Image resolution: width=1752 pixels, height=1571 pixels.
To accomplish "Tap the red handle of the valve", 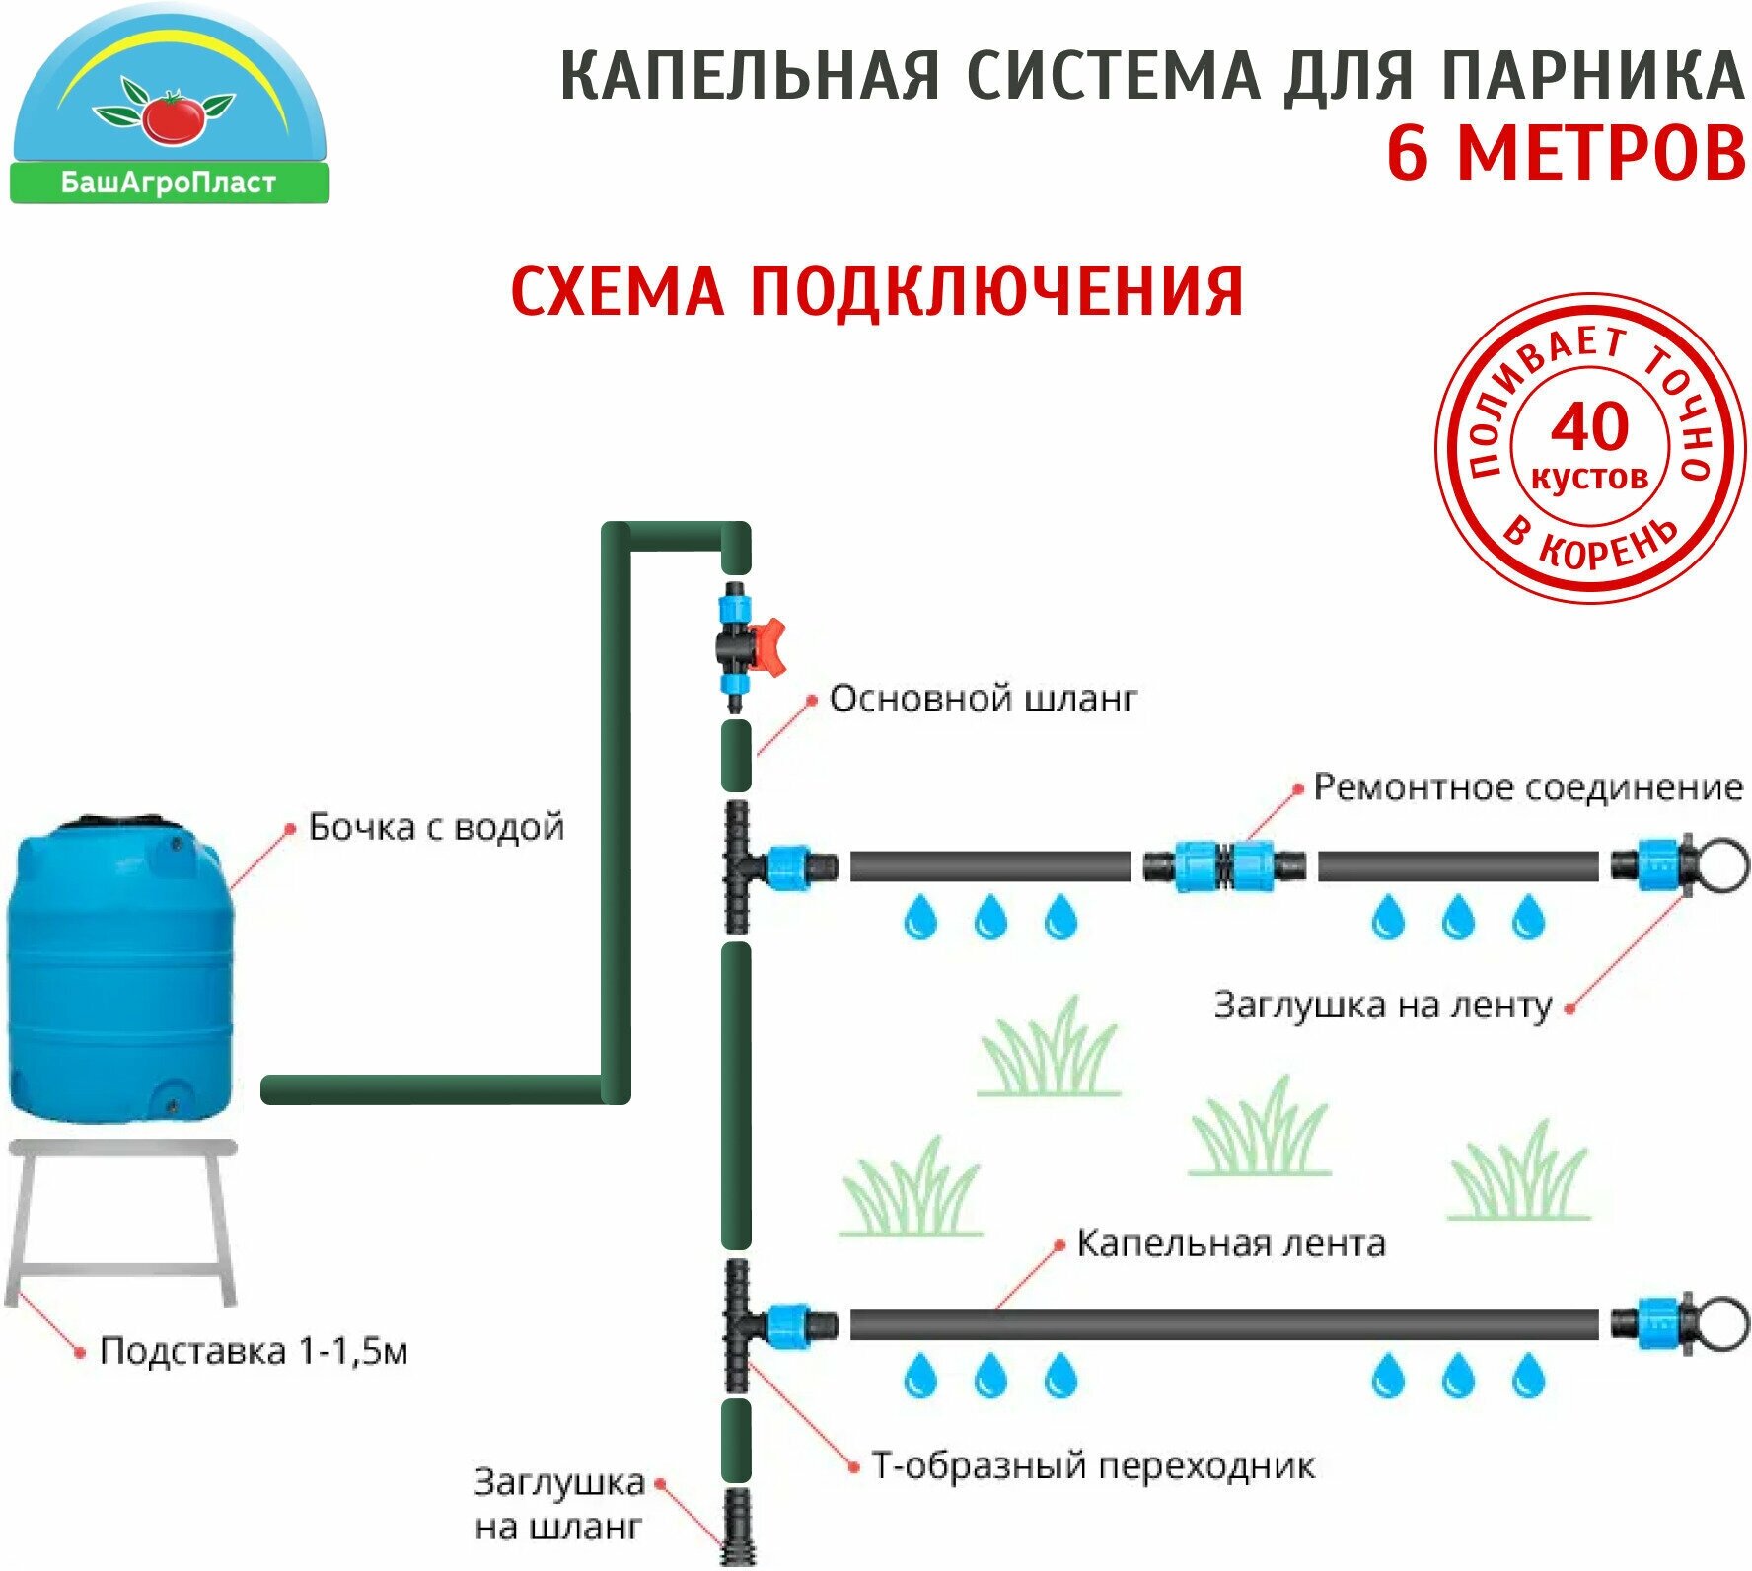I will (x=768, y=647).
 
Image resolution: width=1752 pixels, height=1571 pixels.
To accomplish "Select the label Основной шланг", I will (x=983, y=699).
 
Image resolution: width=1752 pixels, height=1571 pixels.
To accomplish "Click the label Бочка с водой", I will (x=436, y=827).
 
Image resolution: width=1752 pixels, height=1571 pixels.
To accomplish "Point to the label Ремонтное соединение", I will (x=1527, y=787).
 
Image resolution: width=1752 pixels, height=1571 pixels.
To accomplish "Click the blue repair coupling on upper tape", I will (x=1224, y=866).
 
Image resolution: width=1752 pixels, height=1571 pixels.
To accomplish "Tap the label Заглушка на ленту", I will (x=1382, y=1006).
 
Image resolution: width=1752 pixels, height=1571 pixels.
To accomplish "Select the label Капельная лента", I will (x=1230, y=1243).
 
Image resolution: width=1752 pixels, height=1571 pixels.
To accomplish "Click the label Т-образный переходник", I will (x=1093, y=1466).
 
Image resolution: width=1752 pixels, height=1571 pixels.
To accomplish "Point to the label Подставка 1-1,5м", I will (x=254, y=1351).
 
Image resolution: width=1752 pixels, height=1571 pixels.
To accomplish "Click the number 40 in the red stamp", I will (x=1589, y=427).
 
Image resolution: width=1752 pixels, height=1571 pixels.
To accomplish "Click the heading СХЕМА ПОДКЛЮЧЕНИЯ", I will (x=876, y=292).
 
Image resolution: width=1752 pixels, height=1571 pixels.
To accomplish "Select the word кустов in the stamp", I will (x=1589, y=479).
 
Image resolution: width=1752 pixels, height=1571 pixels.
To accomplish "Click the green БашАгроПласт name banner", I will (x=169, y=184).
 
